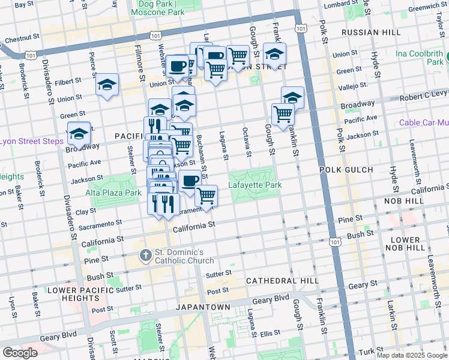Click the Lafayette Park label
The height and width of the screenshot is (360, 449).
tap(255, 185)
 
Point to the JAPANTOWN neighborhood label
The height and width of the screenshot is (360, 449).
tap(203, 307)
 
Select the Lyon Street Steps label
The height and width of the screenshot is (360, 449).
tap(31, 142)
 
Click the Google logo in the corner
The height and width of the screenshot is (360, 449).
tap(20, 353)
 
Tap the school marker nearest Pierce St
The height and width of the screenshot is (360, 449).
tap(107, 86)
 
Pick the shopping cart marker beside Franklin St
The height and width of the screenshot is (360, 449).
tap(282, 114)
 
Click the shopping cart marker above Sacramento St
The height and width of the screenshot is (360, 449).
tap(206, 196)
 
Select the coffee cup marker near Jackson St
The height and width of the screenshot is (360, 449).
tap(190, 181)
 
